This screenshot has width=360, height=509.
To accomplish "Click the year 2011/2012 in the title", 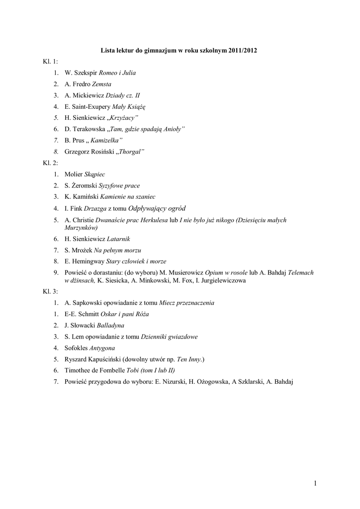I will coord(243,51).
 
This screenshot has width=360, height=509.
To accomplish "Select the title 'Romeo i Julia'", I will coord(117,73).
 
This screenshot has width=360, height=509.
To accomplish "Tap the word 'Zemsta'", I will coord(102,84).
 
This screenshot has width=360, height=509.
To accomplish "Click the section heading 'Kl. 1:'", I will coord(50,62).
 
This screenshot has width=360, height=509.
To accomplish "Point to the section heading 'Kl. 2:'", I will coord(50,163).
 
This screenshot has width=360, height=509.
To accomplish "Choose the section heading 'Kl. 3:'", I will coord(50,291).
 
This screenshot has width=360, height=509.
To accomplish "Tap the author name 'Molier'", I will coord(74,174).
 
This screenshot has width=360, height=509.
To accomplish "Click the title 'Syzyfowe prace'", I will coord(119,185).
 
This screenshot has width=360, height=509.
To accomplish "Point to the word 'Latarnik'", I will coord(118,239).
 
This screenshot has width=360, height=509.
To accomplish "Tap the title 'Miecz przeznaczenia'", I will coord(186,302).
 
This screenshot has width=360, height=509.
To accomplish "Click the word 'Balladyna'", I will coord(110,325).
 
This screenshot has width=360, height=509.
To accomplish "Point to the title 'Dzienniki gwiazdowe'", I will coord(169,337).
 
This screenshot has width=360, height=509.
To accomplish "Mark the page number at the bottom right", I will coord(315,483).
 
